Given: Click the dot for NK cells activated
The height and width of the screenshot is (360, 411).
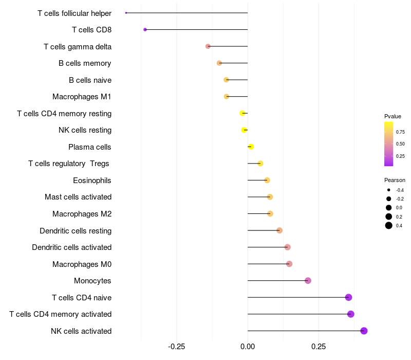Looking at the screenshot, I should click(364, 331).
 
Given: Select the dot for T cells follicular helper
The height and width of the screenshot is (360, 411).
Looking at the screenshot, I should click(126, 13).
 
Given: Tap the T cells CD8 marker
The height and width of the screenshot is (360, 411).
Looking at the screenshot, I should click(145, 29).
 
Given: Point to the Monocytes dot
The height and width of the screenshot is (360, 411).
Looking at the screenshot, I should click(308, 280).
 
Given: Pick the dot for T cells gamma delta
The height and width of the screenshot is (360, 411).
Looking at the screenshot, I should click(208, 46).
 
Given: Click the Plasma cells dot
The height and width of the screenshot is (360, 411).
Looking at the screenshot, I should click(251, 147).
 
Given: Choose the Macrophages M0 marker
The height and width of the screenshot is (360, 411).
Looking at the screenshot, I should click(289, 264).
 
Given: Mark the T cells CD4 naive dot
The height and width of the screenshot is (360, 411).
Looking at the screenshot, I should click(348, 297).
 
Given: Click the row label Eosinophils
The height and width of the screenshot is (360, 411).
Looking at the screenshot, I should click(92, 181).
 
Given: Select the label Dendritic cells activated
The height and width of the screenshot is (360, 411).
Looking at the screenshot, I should click(71, 247).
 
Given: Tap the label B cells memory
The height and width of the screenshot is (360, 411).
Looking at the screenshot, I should click(85, 63).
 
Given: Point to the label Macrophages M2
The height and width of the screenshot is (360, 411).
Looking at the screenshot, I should click(82, 214).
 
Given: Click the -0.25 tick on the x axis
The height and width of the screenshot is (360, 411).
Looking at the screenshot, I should click(177, 347).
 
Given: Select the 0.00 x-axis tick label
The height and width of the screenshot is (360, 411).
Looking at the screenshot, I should click(248, 347).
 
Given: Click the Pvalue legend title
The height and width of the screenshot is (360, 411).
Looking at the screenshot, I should click(393, 116).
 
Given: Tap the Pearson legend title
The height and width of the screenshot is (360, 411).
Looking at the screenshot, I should click(395, 180).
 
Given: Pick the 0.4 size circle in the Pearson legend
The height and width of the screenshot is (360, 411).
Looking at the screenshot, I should click(389, 225).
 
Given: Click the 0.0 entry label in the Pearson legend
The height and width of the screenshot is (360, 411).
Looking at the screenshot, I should click(399, 208).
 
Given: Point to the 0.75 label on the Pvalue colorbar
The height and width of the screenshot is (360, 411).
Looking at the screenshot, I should click(400, 132).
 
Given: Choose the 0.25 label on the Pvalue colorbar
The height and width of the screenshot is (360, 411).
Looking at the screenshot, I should click(400, 156).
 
